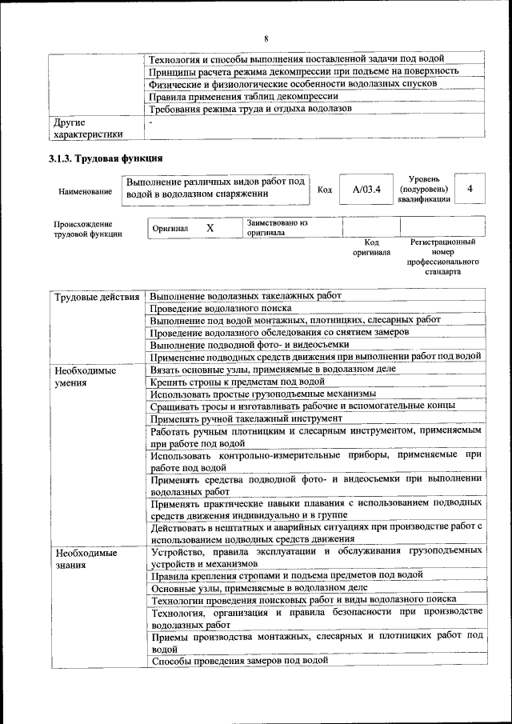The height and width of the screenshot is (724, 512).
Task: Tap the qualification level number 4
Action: coord(471,189)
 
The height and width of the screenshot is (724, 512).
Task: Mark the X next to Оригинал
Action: coord(210,228)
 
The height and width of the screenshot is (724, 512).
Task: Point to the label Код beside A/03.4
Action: coord(325,190)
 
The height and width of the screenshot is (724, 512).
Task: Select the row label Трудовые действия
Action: coord(96,298)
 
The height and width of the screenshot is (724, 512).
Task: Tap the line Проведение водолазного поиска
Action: coord(220,308)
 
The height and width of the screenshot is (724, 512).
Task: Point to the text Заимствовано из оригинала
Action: coord(277,227)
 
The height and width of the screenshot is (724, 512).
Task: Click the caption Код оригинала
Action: coord(371,246)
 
